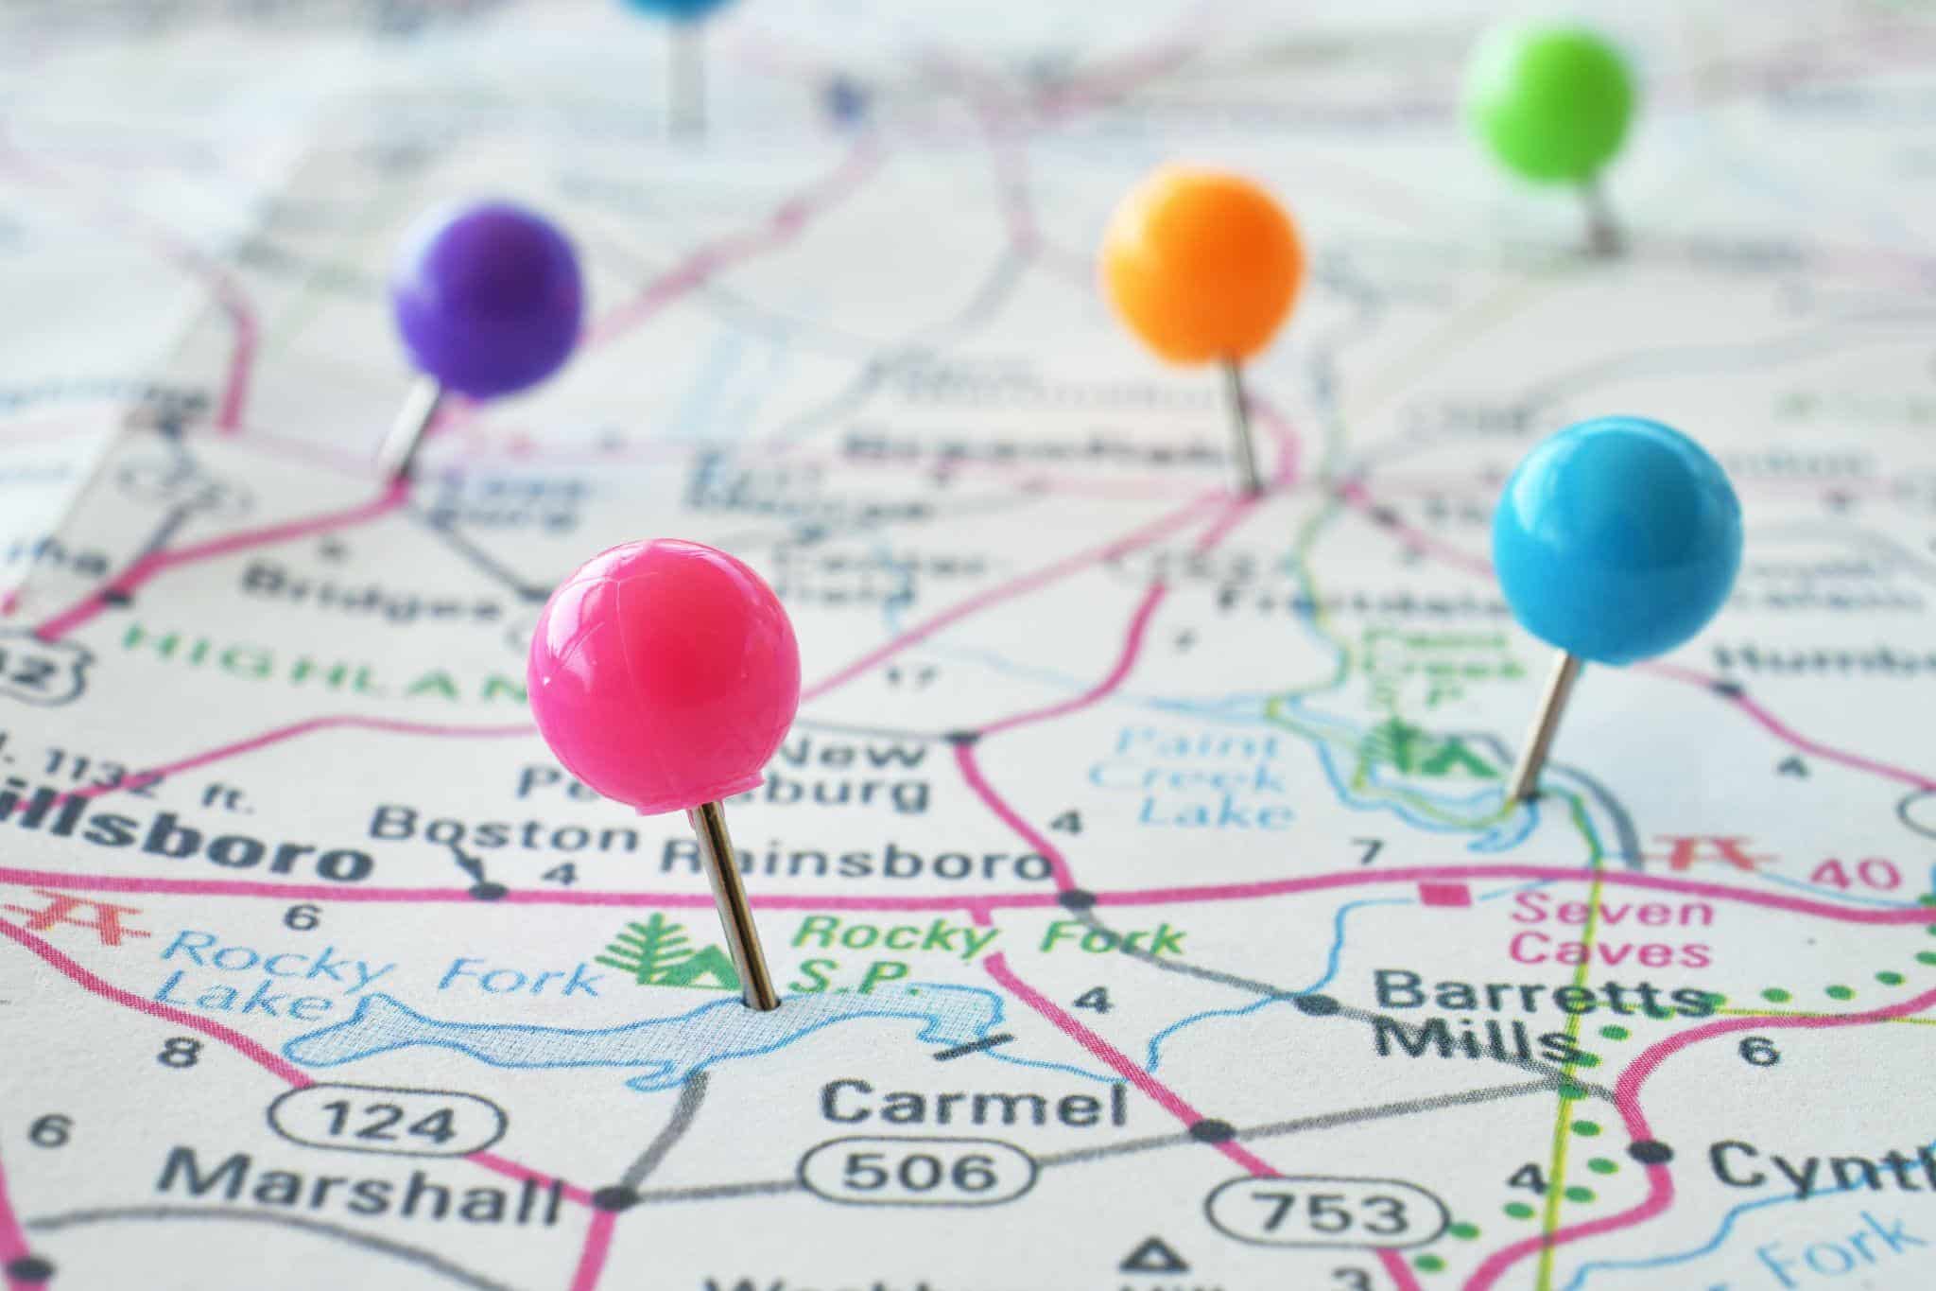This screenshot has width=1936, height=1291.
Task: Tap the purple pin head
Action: pos(486,297)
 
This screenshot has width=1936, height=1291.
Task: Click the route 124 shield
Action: pos(384,1123)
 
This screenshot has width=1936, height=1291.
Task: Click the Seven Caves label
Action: pos(1612,932)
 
